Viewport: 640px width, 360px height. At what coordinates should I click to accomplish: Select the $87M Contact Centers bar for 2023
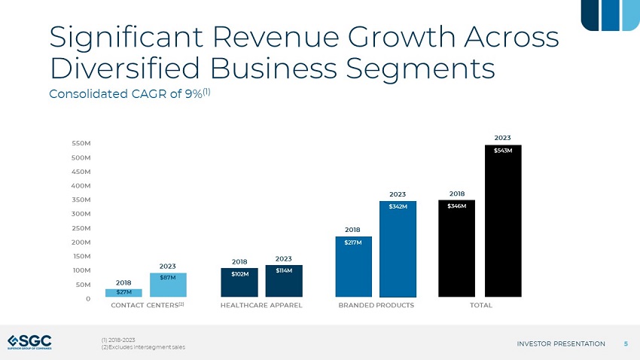[x=168, y=285]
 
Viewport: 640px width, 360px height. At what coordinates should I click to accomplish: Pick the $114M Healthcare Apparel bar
[x=284, y=281]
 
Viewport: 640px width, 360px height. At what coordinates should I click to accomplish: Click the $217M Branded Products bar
[x=353, y=267]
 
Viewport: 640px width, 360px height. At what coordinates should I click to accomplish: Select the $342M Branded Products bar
[x=398, y=249]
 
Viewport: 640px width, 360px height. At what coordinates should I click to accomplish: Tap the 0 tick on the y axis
[x=89, y=298]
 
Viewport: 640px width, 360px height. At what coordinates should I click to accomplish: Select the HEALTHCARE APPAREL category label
[x=261, y=306]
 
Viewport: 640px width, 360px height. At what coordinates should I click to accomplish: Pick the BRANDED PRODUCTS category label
[x=376, y=306]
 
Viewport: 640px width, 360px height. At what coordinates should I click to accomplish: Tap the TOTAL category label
[x=480, y=306]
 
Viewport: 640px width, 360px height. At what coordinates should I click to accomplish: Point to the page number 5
[x=626, y=344]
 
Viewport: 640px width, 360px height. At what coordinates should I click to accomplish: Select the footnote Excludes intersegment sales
[x=145, y=346]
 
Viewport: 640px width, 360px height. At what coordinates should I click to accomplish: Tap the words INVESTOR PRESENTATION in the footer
[x=561, y=344]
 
